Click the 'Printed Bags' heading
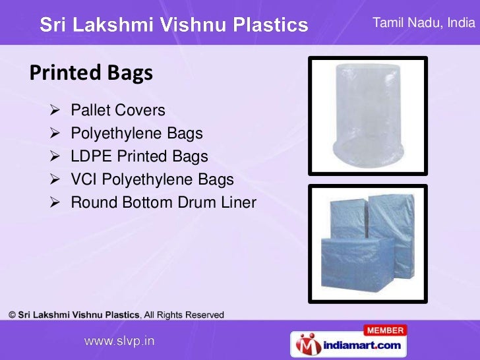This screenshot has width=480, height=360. click(90, 72)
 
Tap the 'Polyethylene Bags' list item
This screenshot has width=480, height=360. click(136, 134)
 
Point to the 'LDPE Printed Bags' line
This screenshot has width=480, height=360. click(139, 157)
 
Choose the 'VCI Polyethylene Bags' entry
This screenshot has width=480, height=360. click(152, 180)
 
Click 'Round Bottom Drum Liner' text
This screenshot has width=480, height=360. click(163, 203)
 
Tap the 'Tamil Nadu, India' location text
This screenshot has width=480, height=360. click(423, 24)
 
